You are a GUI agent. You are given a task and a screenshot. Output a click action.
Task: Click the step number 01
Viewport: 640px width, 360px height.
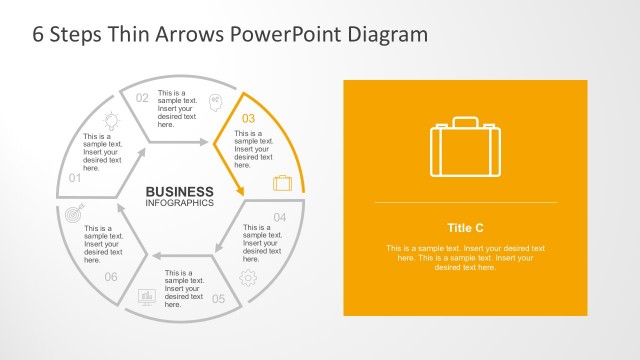74,178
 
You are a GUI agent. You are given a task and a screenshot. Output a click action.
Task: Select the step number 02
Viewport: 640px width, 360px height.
142,98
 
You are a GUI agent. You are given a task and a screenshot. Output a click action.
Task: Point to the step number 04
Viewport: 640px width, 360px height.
280,217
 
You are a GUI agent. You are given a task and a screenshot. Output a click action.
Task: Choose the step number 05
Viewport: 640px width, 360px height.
218,298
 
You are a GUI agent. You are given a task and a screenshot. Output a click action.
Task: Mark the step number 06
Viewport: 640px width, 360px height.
111,277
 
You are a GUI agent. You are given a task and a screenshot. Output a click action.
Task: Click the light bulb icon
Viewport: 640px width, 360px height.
111,120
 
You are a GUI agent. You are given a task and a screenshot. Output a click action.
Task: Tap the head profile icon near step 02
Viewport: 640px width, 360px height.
215,101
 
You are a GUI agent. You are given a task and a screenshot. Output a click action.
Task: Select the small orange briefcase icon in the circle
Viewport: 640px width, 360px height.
282,183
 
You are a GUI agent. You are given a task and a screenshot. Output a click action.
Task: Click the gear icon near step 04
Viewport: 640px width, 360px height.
248,277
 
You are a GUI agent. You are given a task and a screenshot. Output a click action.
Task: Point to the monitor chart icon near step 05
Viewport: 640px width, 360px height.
146,297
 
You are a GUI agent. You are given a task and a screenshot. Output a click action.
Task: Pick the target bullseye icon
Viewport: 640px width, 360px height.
73,214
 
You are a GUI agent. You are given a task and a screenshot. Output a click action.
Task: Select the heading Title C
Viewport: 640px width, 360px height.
465,227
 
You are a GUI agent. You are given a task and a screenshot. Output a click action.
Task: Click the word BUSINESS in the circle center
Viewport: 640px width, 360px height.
179,192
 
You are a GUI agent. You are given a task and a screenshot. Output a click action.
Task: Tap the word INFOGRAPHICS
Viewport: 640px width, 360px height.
179,203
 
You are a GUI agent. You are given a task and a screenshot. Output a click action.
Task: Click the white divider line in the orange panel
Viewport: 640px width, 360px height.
465,203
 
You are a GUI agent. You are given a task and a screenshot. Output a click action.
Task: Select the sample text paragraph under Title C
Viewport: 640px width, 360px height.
465,258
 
